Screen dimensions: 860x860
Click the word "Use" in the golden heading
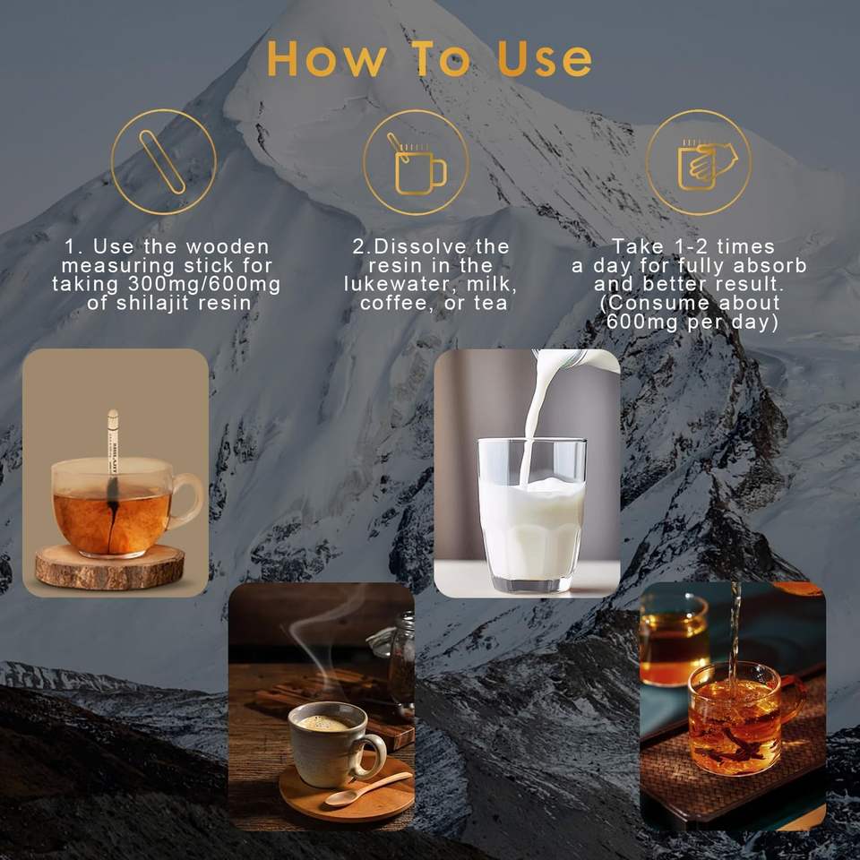point(545,59)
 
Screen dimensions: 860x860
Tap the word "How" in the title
point(327,59)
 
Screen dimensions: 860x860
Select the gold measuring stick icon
point(162,162)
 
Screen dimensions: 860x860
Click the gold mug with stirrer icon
point(417,163)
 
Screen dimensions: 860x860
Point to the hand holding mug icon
point(707,165)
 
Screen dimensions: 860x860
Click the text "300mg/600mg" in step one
point(204,284)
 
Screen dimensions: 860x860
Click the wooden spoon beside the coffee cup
point(368,789)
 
